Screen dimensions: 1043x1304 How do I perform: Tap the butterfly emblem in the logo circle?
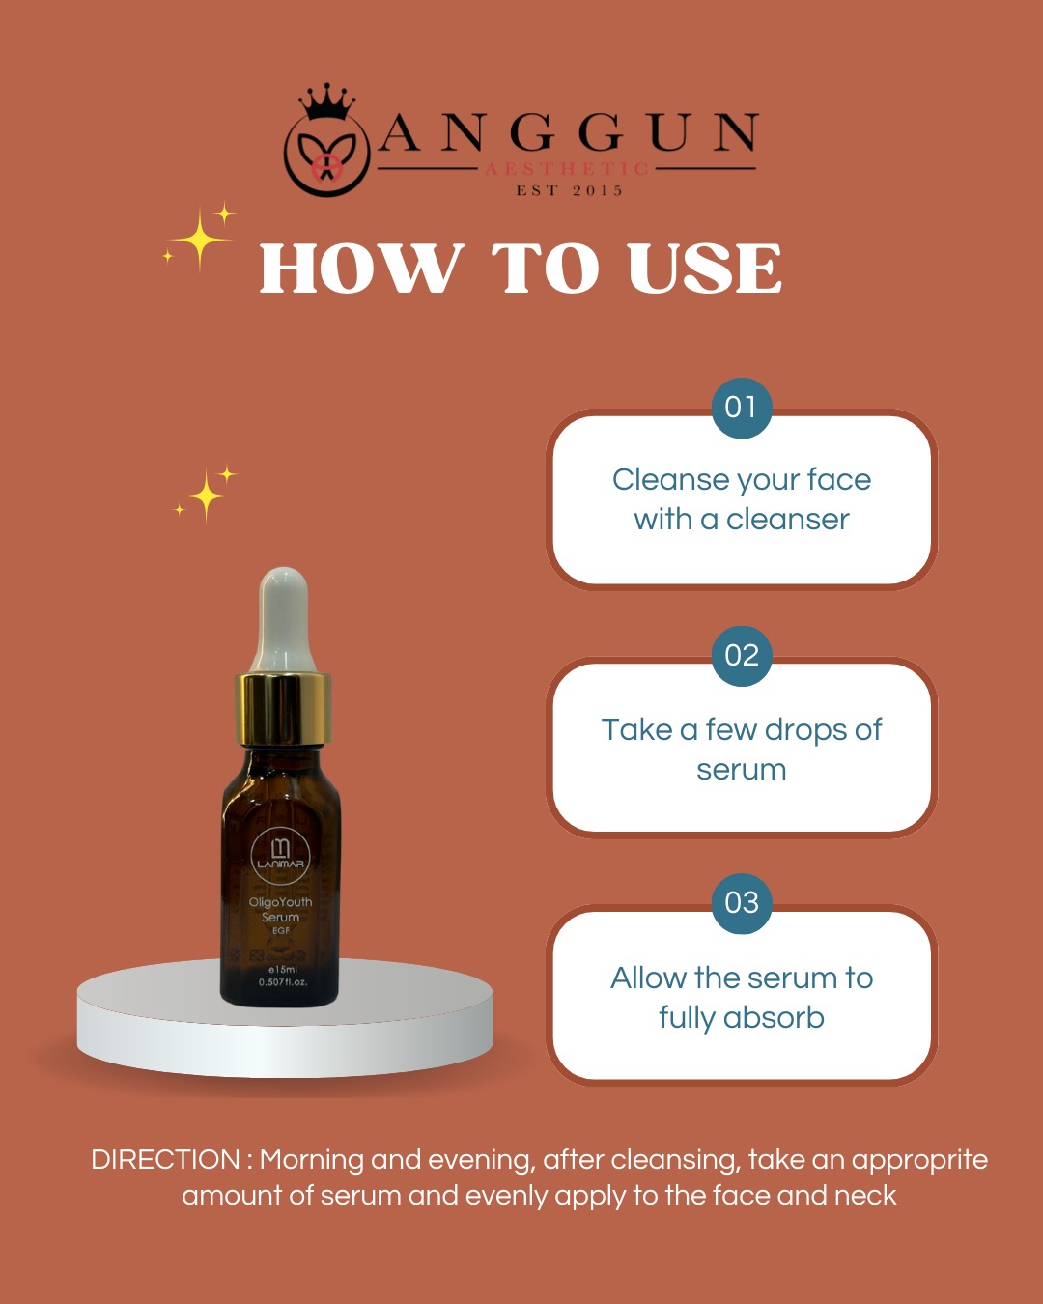(x=326, y=156)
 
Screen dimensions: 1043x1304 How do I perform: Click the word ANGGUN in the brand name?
(x=569, y=131)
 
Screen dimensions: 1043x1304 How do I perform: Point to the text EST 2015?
(x=569, y=191)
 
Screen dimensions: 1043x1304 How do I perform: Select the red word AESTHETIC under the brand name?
(x=567, y=168)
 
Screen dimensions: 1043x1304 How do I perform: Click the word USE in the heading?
(x=705, y=268)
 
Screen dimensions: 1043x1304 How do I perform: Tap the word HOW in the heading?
(x=362, y=268)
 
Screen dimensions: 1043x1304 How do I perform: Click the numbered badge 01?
(x=741, y=408)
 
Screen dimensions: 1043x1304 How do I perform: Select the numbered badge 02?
(x=741, y=656)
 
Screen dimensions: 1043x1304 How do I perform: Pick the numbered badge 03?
(x=741, y=903)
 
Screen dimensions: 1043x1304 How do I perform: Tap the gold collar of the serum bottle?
(x=283, y=709)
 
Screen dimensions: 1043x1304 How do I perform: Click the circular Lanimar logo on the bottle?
(x=280, y=856)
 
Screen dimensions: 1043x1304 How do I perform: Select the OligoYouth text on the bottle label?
(x=280, y=902)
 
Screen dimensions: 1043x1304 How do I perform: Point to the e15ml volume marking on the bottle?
(x=282, y=969)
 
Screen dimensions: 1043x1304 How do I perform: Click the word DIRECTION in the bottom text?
(x=165, y=1160)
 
